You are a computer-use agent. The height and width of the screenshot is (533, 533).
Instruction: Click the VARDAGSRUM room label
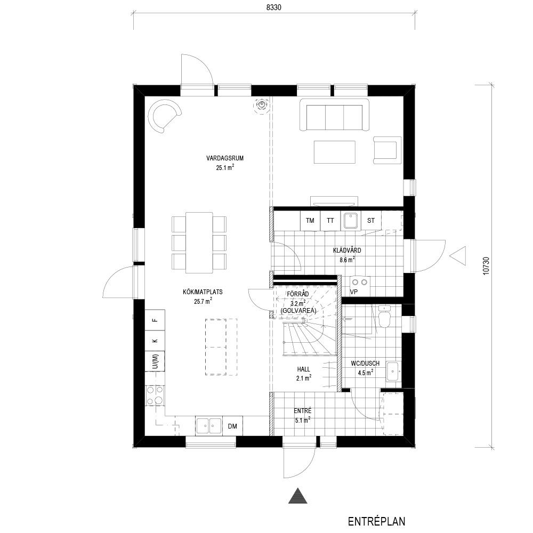(225, 158)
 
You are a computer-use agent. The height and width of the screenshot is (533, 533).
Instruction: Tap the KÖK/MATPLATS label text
(203, 292)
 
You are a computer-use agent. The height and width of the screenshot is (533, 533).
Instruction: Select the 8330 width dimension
(273, 7)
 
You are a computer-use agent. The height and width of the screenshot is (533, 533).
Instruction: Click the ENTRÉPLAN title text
(376, 521)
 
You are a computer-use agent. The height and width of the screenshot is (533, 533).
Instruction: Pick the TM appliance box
(310, 221)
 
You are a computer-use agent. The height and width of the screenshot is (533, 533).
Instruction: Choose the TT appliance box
(330, 221)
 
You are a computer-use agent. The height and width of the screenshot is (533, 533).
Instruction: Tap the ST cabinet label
(371, 221)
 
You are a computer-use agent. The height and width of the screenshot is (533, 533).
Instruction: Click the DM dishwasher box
(232, 426)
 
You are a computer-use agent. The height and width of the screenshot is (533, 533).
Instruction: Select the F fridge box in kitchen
(155, 320)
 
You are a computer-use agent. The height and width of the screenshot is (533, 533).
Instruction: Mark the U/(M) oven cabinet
(155, 361)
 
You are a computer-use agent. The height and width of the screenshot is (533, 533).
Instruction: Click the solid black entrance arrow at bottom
(298, 495)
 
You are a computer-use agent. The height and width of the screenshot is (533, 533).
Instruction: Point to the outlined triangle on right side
(458, 256)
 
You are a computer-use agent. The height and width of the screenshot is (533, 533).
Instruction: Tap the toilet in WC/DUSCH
(384, 317)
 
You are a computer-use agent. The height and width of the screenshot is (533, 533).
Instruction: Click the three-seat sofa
(335, 115)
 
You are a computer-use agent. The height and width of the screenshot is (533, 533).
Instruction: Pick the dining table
(199, 243)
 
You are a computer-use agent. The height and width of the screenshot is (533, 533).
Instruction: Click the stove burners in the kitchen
(155, 395)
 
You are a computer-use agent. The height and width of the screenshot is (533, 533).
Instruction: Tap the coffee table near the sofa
(335, 152)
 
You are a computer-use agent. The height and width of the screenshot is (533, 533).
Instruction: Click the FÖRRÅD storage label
(298, 294)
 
